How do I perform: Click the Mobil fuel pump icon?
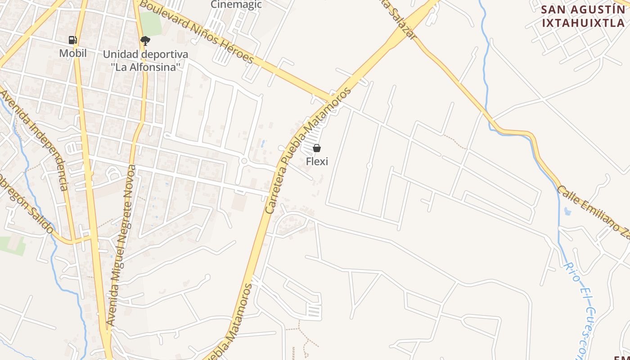click(x=73, y=40)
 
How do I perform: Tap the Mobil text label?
click(x=73, y=53)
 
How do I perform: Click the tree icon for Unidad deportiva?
click(x=145, y=41)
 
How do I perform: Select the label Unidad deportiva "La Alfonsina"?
click(x=145, y=60)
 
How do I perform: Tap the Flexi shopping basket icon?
click(x=317, y=148)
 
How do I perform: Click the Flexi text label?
click(x=317, y=161)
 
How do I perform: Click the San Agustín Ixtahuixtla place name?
click(x=583, y=16)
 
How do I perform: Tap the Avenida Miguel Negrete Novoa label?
click(x=121, y=245)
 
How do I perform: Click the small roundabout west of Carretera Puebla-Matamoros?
click(x=244, y=161)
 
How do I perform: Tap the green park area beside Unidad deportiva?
click(x=151, y=23)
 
